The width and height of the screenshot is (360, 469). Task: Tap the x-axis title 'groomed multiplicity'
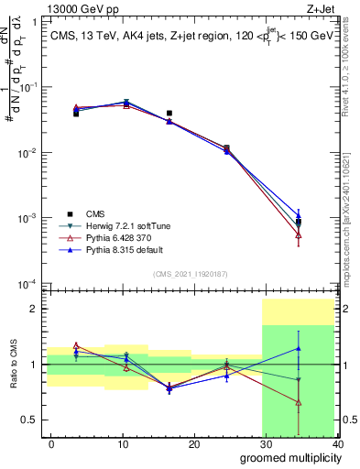click(287, 457)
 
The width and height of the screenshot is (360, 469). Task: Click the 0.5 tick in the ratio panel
click(30, 420)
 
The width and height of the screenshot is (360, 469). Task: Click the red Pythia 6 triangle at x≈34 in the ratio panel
click(299, 402)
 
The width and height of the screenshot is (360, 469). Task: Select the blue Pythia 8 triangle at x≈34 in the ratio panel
click(299, 348)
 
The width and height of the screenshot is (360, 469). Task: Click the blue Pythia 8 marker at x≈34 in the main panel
click(299, 216)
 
